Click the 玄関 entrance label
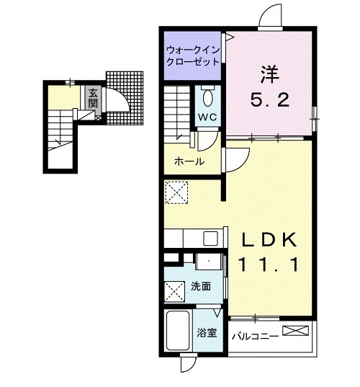(93, 98)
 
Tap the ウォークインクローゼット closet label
(193, 55)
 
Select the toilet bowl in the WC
(207, 98)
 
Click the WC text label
(207, 117)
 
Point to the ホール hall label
(189, 161)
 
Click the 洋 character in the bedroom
(269, 74)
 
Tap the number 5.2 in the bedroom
(269, 100)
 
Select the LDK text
(269, 240)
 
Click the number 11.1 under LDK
(268, 264)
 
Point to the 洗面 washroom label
(201, 287)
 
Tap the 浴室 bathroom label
(207, 333)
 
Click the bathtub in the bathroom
(178, 331)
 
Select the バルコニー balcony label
(255, 336)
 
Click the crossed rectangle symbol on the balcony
(295, 331)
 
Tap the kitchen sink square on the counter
(210, 239)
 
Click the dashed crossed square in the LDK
(176, 192)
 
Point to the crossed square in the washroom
(174, 292)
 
